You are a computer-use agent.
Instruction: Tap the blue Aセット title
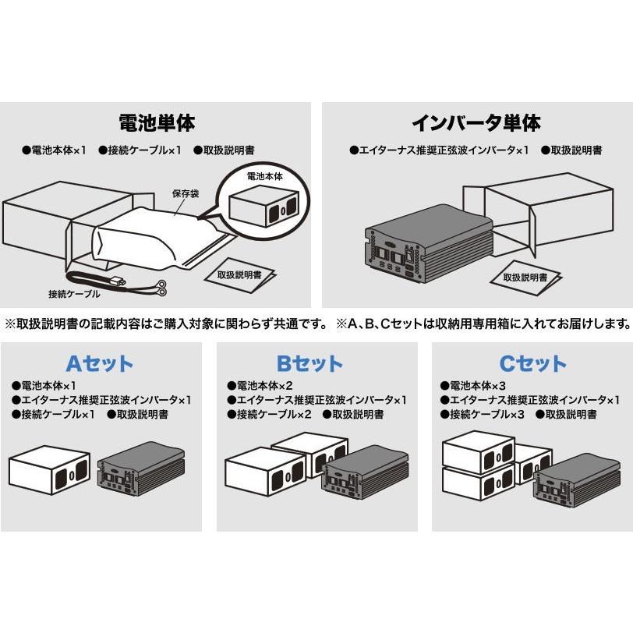pyautogui.click(x=99, y=363)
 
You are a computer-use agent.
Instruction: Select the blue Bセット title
pyautogui.click(x=309, y=363)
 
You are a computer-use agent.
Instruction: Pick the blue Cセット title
pyautogui.click(x=533, y=363)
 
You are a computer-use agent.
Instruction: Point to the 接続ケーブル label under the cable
pyautogui.click(x=74, y=294)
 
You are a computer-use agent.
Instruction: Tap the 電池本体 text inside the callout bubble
pyautogui.click(x=264, y=177)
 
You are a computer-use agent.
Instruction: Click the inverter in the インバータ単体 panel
pyautogui.click(x=425, y=242)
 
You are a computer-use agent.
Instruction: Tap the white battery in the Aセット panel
pyautogui.click(x=49, y=472)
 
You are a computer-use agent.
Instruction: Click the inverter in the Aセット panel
pyautogui.click(x=140, y=474)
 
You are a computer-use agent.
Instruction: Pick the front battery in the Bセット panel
pyautogui.click(x=265, y=476)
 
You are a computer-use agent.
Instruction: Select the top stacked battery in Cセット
pyautogui.click(x=477, y=451)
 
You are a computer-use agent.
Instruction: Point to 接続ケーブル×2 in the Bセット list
pyautogui.click(x=274, y=415)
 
